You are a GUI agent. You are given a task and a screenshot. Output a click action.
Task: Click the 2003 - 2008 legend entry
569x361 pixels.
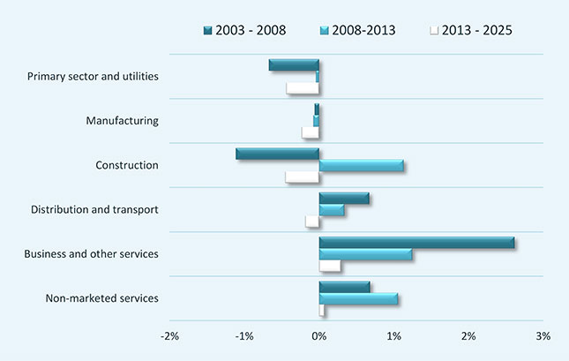point(249,30)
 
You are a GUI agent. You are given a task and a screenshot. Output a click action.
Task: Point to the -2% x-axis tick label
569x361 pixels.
point(170,336)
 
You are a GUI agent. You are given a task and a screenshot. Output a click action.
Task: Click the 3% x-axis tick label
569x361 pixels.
point(543,336)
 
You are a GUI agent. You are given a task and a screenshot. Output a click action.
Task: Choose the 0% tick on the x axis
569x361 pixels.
point(319,336)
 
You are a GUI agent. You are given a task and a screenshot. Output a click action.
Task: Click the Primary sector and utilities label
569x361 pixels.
point(93,76)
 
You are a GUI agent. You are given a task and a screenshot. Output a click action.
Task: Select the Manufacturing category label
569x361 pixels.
point(122,120)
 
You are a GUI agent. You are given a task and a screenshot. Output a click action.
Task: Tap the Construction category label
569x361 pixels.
point(127,165)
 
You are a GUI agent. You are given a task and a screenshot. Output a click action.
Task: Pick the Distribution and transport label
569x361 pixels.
point(94,209)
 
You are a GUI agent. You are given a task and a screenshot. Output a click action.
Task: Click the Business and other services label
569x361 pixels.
point(93,254)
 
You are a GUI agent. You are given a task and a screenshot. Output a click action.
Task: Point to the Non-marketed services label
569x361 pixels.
point(101,298)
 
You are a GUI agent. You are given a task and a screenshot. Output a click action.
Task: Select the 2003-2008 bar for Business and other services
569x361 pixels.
point(416,243)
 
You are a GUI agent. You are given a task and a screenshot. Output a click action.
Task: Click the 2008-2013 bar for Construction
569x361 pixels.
point(361,165)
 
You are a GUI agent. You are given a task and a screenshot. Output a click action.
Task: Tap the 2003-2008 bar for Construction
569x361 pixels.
point(278,154)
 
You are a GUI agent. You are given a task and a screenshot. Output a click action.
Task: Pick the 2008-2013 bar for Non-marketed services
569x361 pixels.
point(358,298)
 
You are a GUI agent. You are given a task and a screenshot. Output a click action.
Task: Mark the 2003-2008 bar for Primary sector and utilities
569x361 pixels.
point(295,64)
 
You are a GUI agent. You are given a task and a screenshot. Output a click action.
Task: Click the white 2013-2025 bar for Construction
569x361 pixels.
point(303,177)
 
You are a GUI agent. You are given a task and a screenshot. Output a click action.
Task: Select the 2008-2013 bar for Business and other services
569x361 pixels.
point(365,254)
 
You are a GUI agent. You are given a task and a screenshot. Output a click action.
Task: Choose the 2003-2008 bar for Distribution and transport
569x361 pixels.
point(344,198)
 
